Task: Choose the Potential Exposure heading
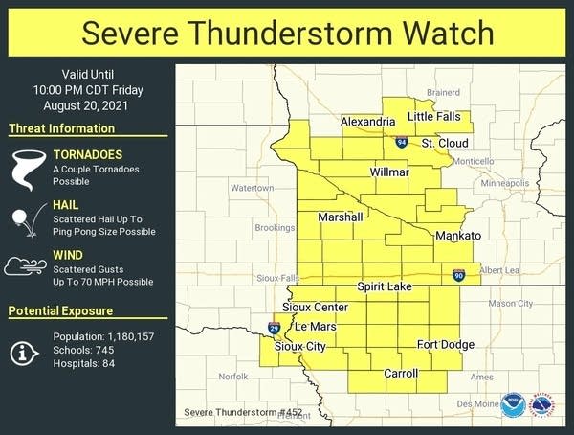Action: [x=61, y=310]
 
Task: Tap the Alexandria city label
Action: [x=368, y=122]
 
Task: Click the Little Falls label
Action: [x=433, y=116]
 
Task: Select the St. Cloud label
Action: [x=445, y=143]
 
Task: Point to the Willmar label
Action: [x=390, y=172]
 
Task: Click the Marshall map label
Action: [x=341, y=217]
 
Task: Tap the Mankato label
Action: [x=457, y=236]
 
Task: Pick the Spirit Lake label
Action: [x=385, y=286]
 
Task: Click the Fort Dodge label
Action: [x=444, y=344]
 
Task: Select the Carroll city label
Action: [x=401, y=373]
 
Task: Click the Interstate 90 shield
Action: [x=460, y=276]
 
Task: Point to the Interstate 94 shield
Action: [x=402, y=143]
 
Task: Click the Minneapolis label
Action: [x=504, y=182]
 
